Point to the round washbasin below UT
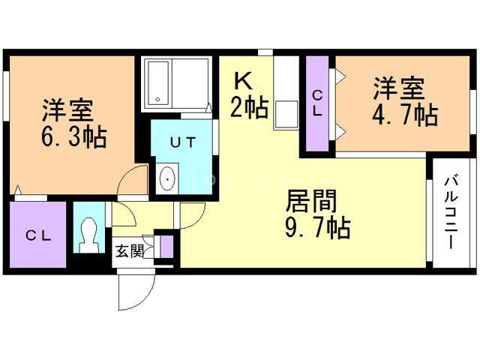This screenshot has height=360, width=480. pos(167,178)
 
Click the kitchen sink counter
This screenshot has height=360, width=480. pos(286,105)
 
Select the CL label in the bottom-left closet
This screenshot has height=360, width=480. pos(38,235)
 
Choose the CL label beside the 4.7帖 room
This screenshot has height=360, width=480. pos(318,103)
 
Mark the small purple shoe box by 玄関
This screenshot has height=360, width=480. pos(166,246)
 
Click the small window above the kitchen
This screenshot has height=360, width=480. pos(265,52)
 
